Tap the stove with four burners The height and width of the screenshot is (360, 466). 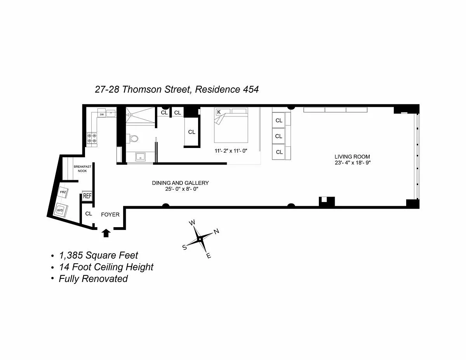pyautogui.click(x=92, y=138)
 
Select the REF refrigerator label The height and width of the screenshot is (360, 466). pyautogui.click(x=87, y=196)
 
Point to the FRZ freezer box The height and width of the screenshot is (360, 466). pyautogui.click(x=63, y=192)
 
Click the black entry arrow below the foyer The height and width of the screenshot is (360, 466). pyautogui.click(x=106, y=233)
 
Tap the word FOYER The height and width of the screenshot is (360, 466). pyautogui.click(x=110, y=215)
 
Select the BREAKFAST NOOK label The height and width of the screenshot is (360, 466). pyautogui.click(x=82, y=169)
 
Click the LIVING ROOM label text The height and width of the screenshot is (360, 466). pyautogui.click(x=352, y=157)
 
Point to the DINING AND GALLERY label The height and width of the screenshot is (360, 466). pyautogui.click(x=180, y=183)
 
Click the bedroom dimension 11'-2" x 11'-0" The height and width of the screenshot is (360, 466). pyautogui.click(x=231, y=151)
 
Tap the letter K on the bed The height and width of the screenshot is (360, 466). pyautogui.click(x=219, y=112)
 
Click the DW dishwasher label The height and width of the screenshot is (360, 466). pyautogui.click(x=102, y=115)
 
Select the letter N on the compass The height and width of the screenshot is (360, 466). pyautogui.click(x=216, y=231)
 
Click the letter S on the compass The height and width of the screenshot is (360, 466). pyautogui.click(x=184, y=247)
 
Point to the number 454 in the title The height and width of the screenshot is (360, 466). pyautogui.click(x=251, y=89)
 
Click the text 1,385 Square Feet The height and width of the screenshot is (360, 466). pyautogui.click(x=98, y=256)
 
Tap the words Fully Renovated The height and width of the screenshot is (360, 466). pyautogui.click(x=93, y=279)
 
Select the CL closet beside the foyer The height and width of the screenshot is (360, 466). pyautogui.click(x=89, y=214)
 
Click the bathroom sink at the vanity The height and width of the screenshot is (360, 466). pyautogui.click(x=141, y=157)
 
